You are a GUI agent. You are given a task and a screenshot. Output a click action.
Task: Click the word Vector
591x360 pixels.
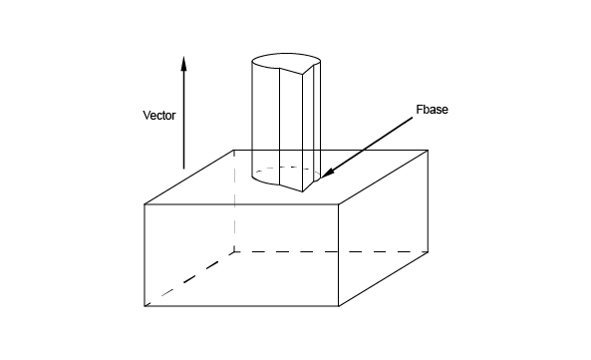159,116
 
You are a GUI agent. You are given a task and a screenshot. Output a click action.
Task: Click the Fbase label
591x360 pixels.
432,110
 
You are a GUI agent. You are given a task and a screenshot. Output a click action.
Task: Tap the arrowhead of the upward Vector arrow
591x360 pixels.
183,64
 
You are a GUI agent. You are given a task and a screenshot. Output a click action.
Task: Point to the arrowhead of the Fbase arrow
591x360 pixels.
327,173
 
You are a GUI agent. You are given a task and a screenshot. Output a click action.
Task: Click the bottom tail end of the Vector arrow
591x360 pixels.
183,169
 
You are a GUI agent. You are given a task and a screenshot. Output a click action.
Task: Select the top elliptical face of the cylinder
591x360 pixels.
286,61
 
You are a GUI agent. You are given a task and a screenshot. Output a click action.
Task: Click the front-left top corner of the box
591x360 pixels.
145,204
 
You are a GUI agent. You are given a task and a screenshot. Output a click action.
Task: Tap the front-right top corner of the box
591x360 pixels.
339,204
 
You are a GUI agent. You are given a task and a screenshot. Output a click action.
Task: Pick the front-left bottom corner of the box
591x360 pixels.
145,306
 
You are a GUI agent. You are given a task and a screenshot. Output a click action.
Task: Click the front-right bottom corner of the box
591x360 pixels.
339,306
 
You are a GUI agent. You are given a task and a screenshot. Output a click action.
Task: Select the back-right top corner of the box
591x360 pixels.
428,151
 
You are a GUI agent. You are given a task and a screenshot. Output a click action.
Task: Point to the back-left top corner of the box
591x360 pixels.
234,151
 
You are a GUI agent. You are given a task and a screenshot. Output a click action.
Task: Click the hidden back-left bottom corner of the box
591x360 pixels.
234,251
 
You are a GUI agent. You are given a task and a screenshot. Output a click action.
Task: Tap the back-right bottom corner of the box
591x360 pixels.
428,251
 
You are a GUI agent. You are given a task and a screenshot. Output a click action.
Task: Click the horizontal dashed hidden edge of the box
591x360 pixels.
331,251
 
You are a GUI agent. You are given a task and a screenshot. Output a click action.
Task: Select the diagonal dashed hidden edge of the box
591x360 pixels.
189,278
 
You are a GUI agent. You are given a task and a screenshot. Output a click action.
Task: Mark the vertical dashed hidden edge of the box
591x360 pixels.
234,200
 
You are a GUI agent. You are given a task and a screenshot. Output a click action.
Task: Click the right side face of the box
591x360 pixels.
383,228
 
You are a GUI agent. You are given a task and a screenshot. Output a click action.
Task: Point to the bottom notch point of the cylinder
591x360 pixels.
303,191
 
